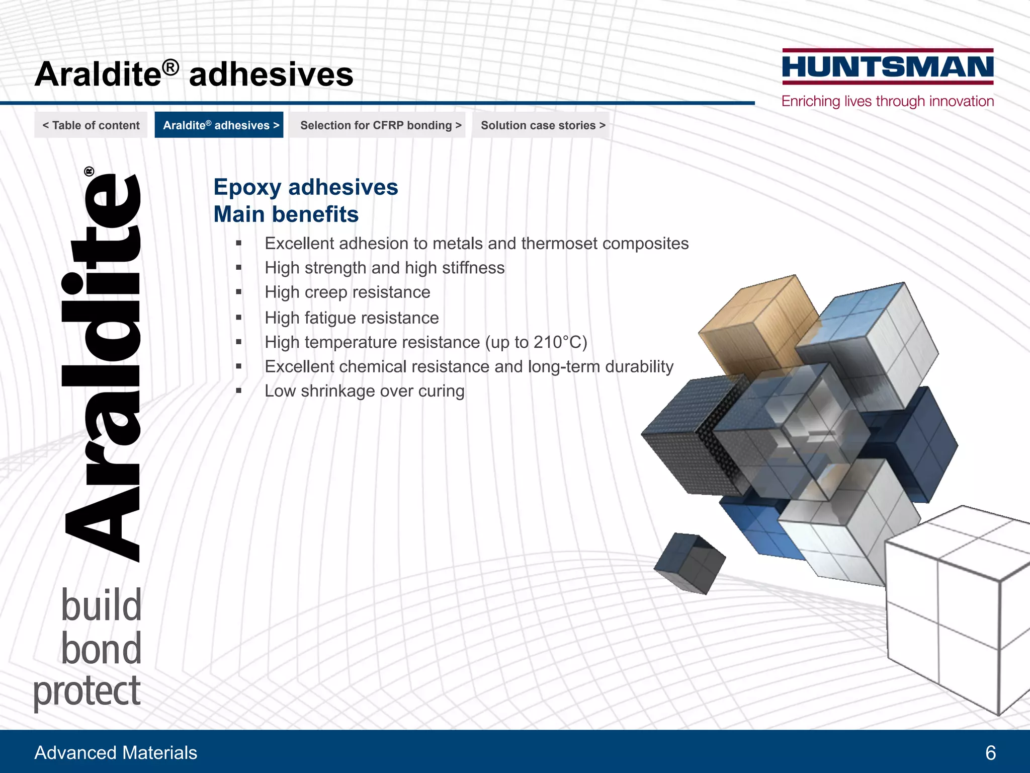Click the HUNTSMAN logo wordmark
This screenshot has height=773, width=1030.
[x=888, y=67]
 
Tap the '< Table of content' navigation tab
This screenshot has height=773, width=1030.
[x=91, y=125]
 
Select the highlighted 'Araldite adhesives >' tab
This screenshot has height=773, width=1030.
[x=220, y=125]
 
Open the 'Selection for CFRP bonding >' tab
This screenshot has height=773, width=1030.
[x=380, y=125]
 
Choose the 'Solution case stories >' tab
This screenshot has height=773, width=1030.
[x=543, y=125]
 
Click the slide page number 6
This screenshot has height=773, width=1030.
[x=990, y=753]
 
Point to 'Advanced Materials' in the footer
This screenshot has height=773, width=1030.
[x=116, y=753]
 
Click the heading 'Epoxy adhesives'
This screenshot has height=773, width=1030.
[x=306, y=187]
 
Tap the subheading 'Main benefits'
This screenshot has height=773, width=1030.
[x=286, y=214]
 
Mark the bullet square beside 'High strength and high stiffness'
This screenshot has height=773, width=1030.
[x=239, y=268]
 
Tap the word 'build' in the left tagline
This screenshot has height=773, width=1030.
[x=101, y=605]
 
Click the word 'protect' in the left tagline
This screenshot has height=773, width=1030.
[x=87, y=691]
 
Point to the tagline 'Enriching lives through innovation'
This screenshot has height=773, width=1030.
[x=888, y=101]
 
